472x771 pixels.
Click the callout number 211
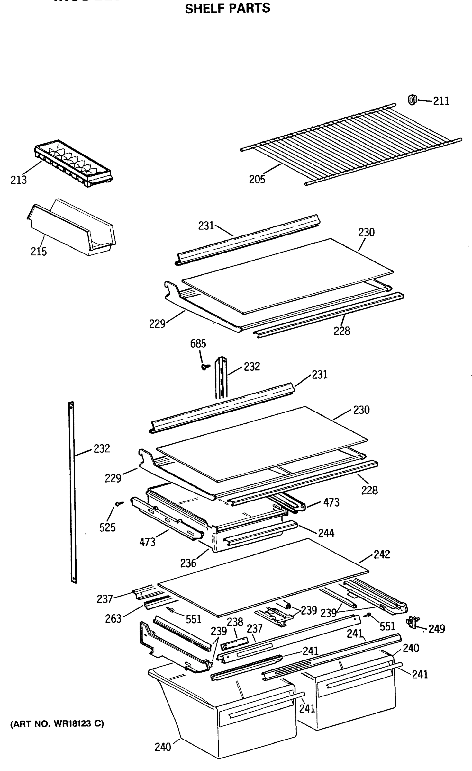[x=441, y=101]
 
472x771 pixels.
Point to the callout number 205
[x=257, y=179]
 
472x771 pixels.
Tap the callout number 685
[x=198, y=343]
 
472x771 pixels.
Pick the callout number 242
[x=382, y=554]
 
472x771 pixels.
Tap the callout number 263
[x=113, y=618]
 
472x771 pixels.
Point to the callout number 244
[x=326, y=533]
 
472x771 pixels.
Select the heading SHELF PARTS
[x=227, y=8]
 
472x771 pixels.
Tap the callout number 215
[x=39, y=251]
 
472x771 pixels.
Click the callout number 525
[x=107, y=527]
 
